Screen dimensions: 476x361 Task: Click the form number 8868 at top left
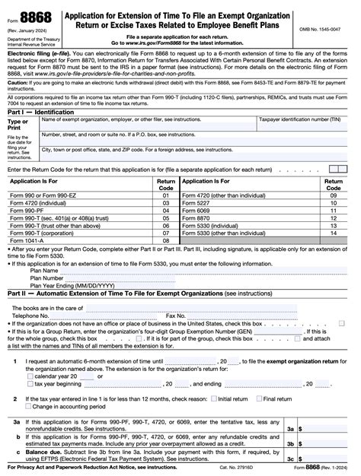pyautogui.click(x=30, y=15)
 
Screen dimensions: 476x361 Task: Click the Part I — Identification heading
pyautogui.click(x=41, y=111)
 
